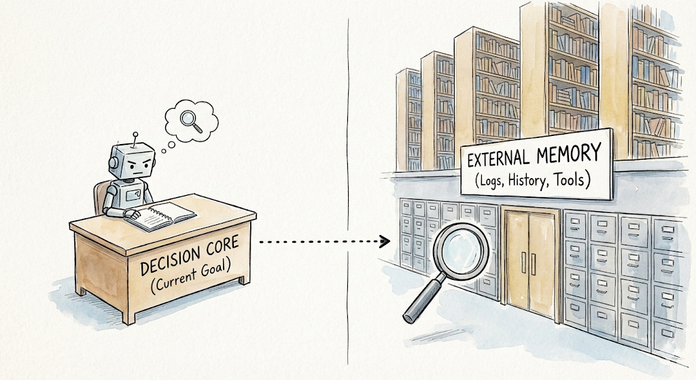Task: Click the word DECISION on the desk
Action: [167, 264]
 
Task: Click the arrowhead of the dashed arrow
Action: [386, 241]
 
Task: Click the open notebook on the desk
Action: [163, 216]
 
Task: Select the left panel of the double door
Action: [517, 258]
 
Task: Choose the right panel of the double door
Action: [543, 258]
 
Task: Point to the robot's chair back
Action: [101, 197]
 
